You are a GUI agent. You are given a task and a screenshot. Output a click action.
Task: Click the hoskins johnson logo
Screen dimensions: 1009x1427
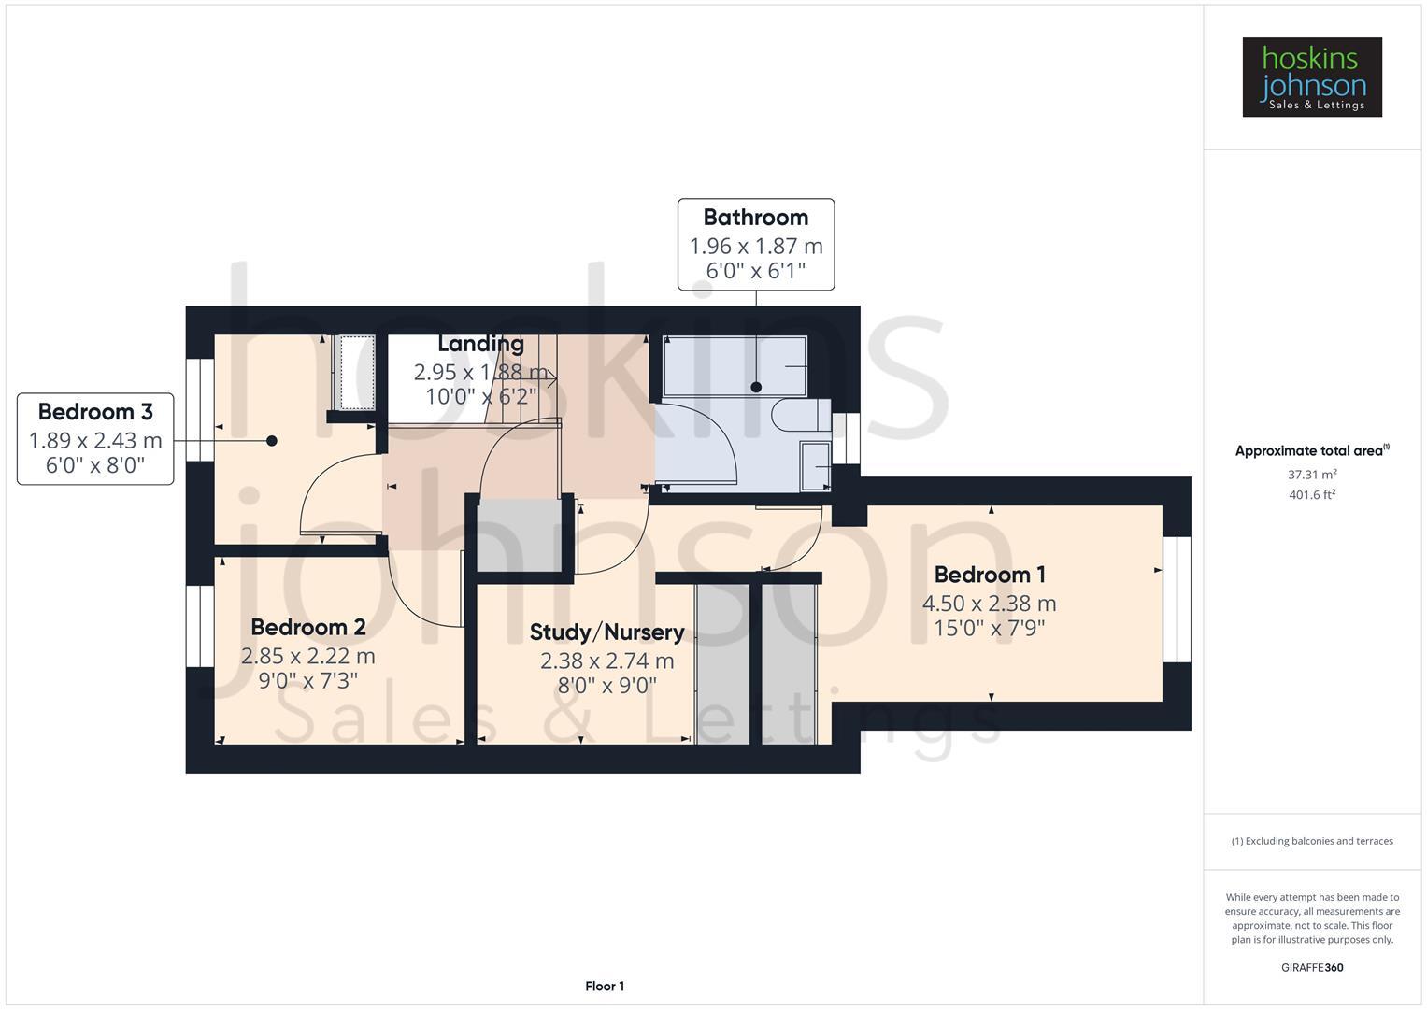tap(1311, 78)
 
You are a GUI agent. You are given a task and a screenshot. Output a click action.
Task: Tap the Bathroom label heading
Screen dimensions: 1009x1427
tap(755, 218)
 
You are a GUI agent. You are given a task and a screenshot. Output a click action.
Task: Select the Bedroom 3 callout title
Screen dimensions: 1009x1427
tap(95, 412)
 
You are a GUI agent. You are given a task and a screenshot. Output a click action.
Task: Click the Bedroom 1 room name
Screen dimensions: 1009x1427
tap(990, 575)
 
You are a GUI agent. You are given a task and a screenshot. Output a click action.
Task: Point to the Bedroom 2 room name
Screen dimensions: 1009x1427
tap(307, 627)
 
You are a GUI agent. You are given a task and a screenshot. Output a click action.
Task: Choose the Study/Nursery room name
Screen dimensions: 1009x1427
tap(606, 632)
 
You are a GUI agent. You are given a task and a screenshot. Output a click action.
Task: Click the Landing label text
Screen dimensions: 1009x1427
tap(480, 344)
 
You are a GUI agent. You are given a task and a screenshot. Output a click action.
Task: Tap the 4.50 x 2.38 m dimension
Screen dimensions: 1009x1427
tap(990, 604)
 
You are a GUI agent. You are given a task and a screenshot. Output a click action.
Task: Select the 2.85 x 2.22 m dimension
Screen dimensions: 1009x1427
tap(307, 656)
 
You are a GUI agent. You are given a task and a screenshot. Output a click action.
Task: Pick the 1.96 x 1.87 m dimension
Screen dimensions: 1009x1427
tap(755, 247)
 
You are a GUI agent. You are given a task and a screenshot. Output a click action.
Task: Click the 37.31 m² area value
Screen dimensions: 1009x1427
tap(1311, 475)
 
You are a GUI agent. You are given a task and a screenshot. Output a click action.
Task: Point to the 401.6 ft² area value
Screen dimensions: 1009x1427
tap(1311, 495)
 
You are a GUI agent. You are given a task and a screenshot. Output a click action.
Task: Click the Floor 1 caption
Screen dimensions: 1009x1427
tap(605, 987)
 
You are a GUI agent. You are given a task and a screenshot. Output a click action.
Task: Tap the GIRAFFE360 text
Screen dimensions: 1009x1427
tap(1311, 968)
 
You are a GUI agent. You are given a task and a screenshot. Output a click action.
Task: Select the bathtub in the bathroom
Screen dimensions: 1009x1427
tap(735, 367)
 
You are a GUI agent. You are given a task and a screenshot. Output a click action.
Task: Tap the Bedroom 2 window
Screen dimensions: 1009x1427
tap(200, 626)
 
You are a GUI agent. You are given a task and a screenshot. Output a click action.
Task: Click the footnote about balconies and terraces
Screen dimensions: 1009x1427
tap(1311, 841)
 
